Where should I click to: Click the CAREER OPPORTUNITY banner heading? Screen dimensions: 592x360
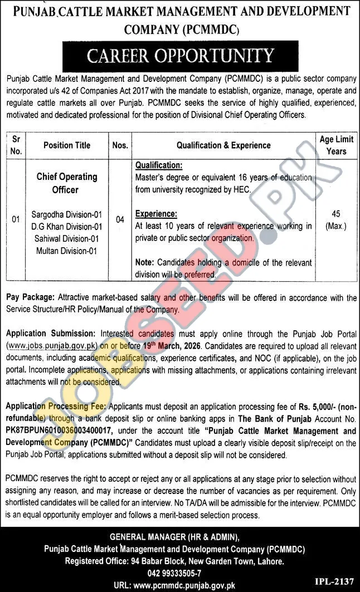pyautogui.click(x=179, y=56)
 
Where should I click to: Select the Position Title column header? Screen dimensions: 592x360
pyautogui.click(x=67, y=145)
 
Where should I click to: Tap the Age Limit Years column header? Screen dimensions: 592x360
pyautogui.click(x=333, y=145)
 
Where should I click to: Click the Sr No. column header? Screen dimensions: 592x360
pyautogui.click(x=16, y=145)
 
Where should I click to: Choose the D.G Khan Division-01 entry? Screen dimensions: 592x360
pyautogui.click(x=67, y=226)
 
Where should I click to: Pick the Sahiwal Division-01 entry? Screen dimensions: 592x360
pyautogui.click(x=67, y=238)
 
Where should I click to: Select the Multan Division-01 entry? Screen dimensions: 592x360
pyautogui.click(x=67, y=251)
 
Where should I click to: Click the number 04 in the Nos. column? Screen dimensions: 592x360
pyautogui.click(x=120, y=220)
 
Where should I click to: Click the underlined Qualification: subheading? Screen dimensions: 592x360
pyautogui.click(x=158, y=165)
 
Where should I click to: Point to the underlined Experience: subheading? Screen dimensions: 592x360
pyautogui.click(x=156, y=214)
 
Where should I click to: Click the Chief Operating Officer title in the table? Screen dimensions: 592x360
pyautogui.click(x=67, y=183)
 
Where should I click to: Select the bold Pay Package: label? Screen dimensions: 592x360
pyautogui.click(x=30, y=299)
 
